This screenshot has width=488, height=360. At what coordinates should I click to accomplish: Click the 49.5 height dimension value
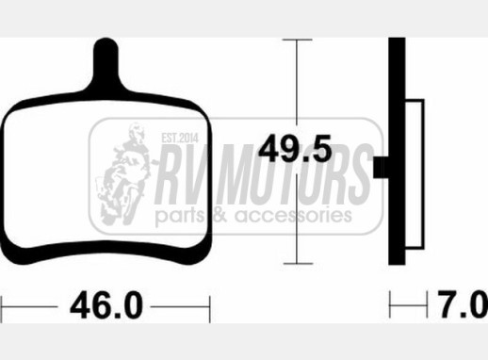pos(295,148)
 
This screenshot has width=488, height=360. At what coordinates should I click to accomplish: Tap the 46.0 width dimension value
pos(106,305)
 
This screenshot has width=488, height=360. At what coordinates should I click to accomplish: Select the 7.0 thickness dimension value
pos(463,304)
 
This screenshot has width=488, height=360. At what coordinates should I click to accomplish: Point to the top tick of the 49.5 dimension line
pos(297,40)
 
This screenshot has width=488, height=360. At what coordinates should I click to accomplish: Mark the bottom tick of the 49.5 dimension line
pos(298,264)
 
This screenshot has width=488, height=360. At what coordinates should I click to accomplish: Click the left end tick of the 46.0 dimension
pos(2,309)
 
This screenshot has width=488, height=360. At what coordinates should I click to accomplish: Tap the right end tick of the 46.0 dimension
pos(210,309)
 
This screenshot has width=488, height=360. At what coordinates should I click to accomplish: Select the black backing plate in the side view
pos(397,151)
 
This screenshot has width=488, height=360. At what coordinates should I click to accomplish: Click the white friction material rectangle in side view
pos(415,174)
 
